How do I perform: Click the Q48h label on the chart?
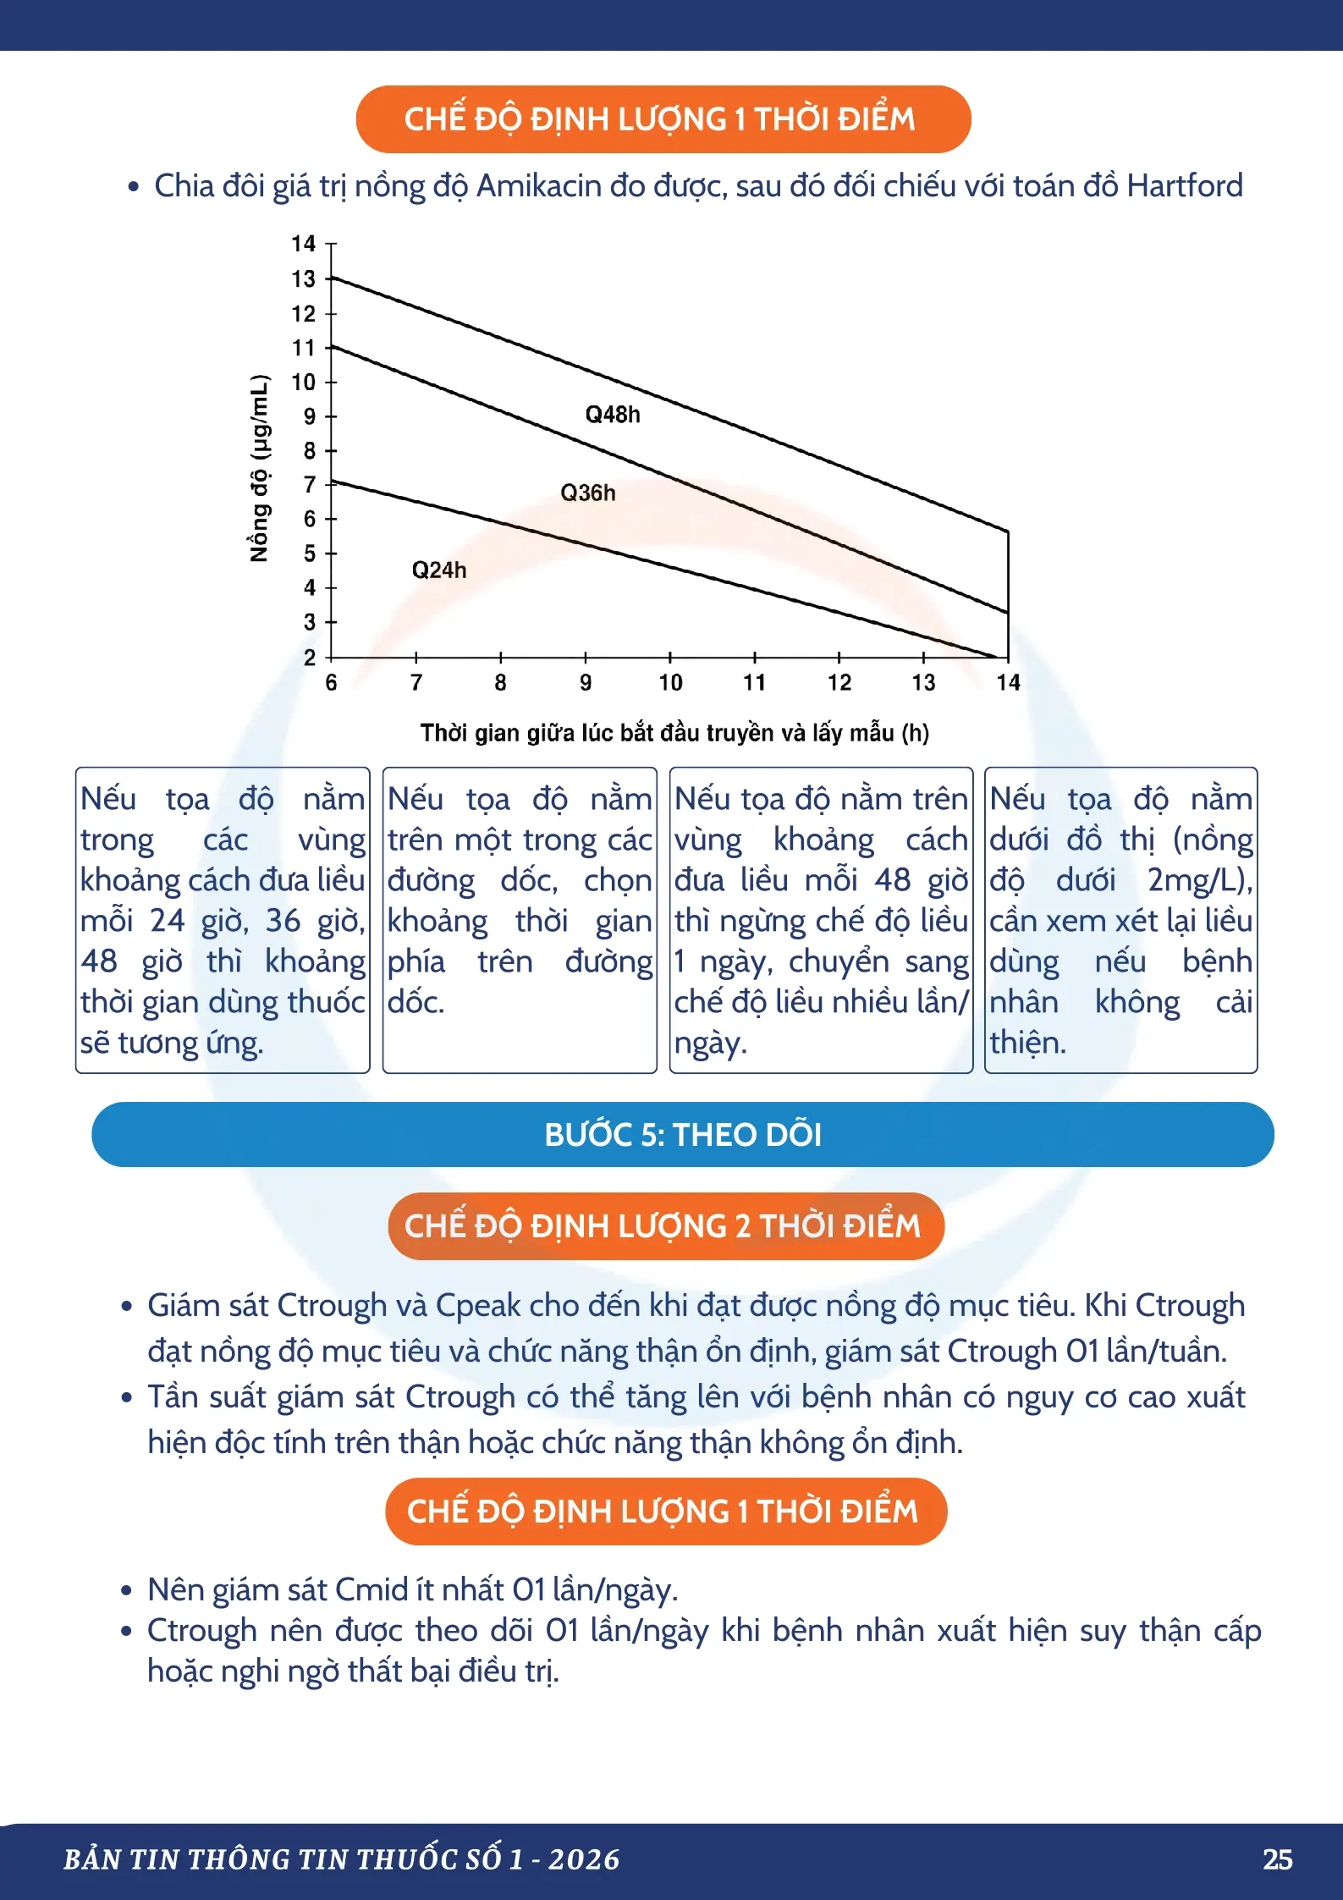[613, 415]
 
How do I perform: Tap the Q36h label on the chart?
[588, 493]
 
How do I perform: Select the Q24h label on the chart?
[439, 570]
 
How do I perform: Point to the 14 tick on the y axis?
[303, 244]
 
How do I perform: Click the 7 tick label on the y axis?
[309, 484]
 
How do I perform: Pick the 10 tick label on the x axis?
[670, 682]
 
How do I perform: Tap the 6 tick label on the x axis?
[331, 682]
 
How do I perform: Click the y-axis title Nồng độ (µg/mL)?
[260, 468]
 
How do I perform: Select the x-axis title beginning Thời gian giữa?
[674, 733]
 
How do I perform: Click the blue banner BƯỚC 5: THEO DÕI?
[683, 1134]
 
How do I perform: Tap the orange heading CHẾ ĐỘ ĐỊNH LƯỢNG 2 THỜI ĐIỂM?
[666, 1225]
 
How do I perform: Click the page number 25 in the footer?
[1277, 1859]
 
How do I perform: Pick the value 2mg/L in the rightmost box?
[1194, 880]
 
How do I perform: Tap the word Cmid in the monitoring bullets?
[372, 1589]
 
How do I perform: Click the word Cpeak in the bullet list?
[477, 1306]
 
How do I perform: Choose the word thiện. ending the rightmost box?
[1027, 1043]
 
